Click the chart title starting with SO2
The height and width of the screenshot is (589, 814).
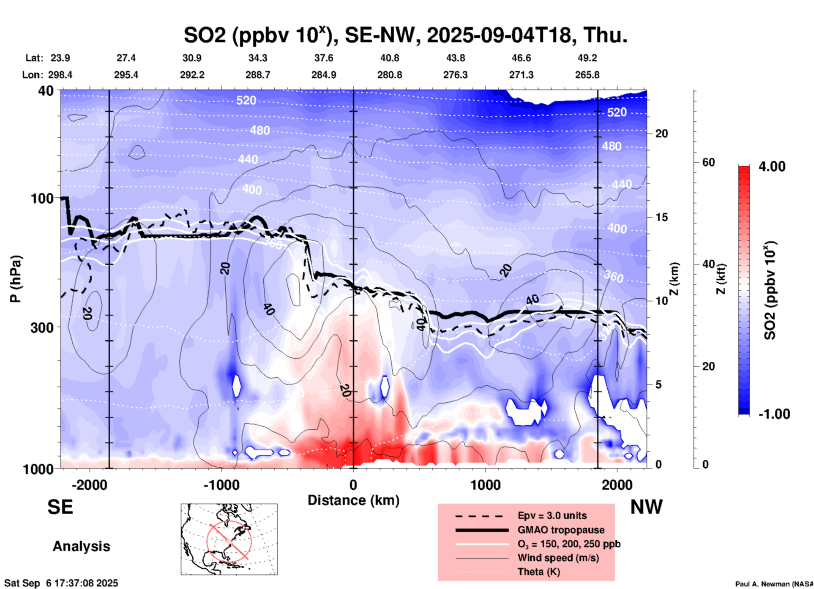pyautogui.click(x=405, y=35)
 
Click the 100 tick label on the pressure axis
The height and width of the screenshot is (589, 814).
pyautogui.click(x=42, y=198)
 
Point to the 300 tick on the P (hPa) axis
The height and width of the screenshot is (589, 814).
pyautogui.click(x=42, y=327)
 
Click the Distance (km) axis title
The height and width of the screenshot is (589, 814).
pyautogui.click(x=353, y=500)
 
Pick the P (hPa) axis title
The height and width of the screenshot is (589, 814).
pyautogui.click(x=16, y=279)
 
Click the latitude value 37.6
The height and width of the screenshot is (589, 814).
pyautogui.click(x=324, y=58)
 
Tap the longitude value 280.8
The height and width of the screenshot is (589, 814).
pyautogui.click(x=390, y=75)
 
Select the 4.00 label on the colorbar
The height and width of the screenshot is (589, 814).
pyautogui.click(x=772, y=166)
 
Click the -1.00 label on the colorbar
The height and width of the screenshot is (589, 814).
pyautogui.click(x=774, y=414)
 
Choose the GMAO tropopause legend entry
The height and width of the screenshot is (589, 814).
pyautogui.click(x=561, y=530)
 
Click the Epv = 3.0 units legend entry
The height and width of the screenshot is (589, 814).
pyautogui.click(x=552, y=515)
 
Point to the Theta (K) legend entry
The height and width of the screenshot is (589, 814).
pyautogui.click(x=538, y=572)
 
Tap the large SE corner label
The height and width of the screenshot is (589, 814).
pyautogui.click(x=60, y=507)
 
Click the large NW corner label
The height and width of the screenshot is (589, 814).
pyautogui.click(x=646, y=507)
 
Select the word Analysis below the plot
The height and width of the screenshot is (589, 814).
pyautogui.click(x=81, y=546)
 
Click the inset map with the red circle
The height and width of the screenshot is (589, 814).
pyautogui.click(x=229, y=539)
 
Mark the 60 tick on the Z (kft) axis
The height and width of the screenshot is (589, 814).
pyautogui.click(x=709, y=162)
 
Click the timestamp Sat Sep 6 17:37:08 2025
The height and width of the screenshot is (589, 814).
pyautogui.click(x=61, y=583)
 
